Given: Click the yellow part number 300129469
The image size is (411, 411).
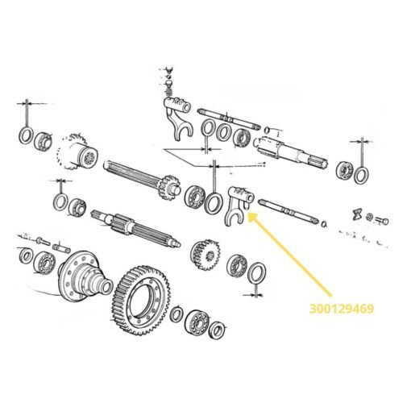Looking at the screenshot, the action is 342,309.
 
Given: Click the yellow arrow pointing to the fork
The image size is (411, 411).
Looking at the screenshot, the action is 289,255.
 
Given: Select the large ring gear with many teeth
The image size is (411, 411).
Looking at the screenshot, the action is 141,300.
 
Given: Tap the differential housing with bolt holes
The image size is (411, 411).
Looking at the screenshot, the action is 85,277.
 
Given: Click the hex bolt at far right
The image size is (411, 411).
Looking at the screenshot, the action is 382,221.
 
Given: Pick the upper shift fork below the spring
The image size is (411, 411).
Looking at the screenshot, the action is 178,118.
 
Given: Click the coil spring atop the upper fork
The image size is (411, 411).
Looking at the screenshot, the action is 168,93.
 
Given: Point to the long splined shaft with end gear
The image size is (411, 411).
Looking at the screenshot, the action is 142,178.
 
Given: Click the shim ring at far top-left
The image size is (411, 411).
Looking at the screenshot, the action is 26,135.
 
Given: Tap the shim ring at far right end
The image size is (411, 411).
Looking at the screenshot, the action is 361,175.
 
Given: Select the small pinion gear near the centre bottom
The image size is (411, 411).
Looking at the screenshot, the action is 205,255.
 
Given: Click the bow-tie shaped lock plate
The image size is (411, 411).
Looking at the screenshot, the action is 358,214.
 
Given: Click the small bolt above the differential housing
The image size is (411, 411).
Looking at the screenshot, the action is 43,241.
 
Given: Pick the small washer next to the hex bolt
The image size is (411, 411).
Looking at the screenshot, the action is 370,217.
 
